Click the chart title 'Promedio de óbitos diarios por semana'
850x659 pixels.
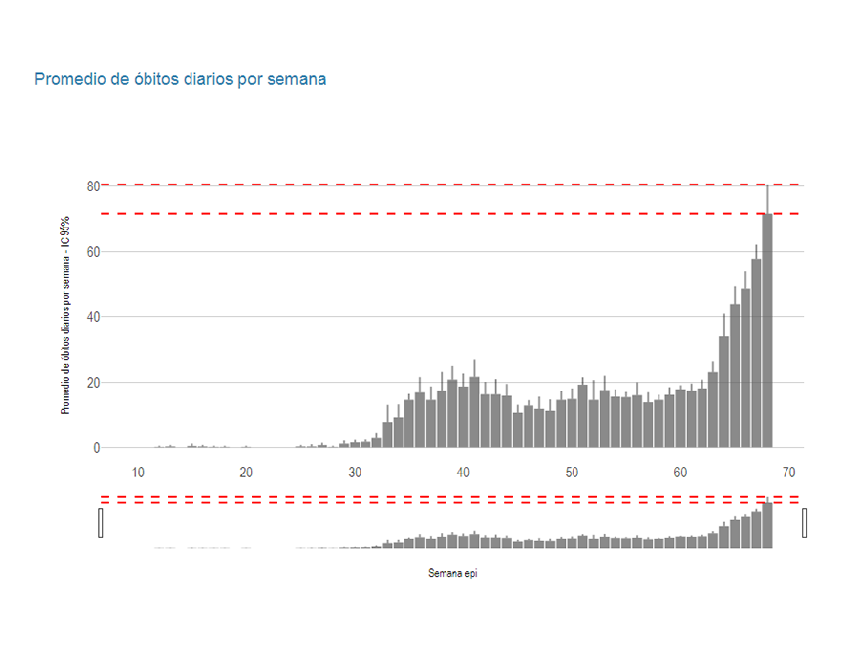pyautogui.click(x=181, y=79)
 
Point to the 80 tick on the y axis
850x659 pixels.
pyautogui.click(x=93, y=185)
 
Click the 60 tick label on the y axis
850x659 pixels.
pyautogui.click(x=93, y=252)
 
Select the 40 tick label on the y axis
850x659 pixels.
pyautogui.click(x=93, y=317)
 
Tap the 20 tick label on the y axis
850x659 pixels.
pyautogui.click(x=93, y=383)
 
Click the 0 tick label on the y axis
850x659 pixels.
pyautogui.click(x=96, y=448)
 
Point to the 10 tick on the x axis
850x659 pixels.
pyautogui.click(x=138, y=474)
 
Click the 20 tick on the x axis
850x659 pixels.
pyautogui.click(x=246, y=474)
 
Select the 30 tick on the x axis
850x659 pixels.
pyautogui.click(x=355, y=474)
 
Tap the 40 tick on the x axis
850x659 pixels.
pyautogui.click(x=463, y=474)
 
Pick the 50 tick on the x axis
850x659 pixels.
pyautogui.click(x=572, y=474)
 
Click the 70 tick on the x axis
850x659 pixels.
pyautogui.click(x=788, y=474)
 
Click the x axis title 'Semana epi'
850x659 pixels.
pyautogui.click(x=452, y=574)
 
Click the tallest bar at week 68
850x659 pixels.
pyautogui.click(x=767, y=332)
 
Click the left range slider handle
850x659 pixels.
pyautogui.click(x=101, y=522)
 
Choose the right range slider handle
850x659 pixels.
pyautogui.click(x=804, y=522)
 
